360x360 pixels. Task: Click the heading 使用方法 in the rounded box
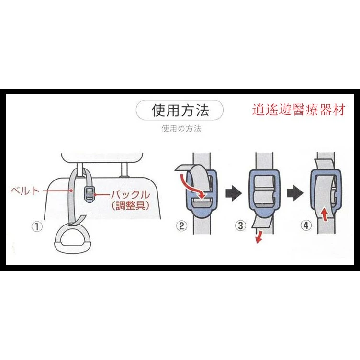click(180, 111)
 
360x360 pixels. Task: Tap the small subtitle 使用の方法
click(181, 129)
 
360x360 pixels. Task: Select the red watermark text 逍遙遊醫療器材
click(298, 111)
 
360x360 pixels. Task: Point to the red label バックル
click(130, 194)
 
